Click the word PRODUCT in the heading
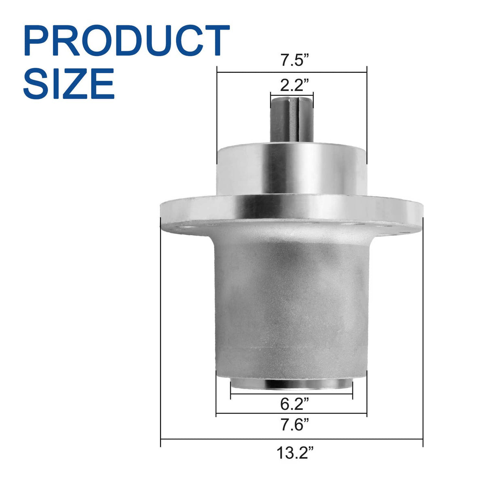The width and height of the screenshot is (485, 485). coord(127,40)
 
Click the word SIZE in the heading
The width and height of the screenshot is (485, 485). coord(69,83)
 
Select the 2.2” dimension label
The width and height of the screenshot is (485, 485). coord(292,86)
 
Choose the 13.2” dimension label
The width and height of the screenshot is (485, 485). coord(295,467)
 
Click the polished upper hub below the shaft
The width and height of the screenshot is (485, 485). coord(292,169)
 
